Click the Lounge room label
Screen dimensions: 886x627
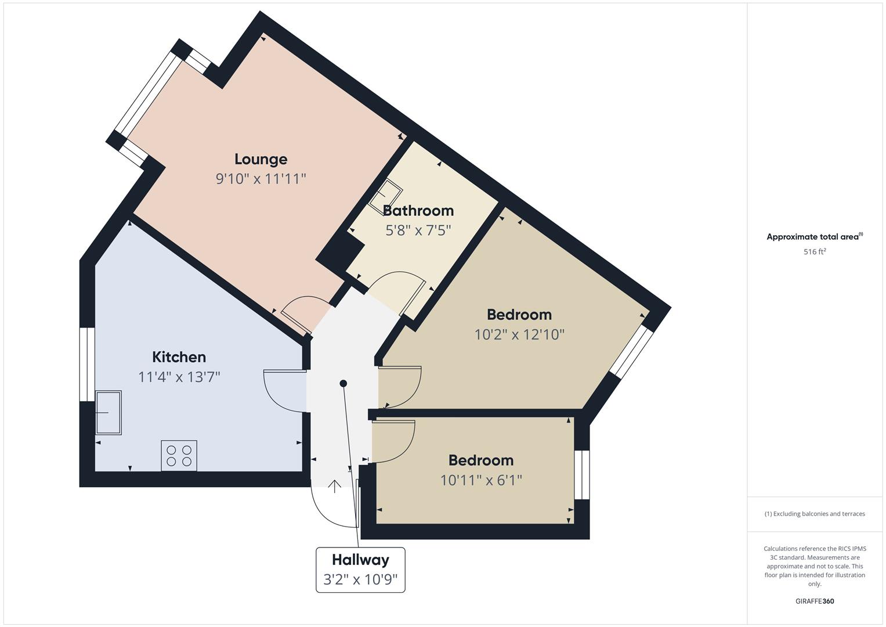pyautogui.click(x=261, y=160)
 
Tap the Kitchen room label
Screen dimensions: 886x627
pyautogui.click(x=179, y=357)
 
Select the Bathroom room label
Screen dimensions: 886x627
pyautogui.click(x=418, y=211)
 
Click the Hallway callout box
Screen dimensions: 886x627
pyautogui.click(x=360, y=570)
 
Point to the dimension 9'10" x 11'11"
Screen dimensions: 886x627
pyautogui.click(x=261, y=179)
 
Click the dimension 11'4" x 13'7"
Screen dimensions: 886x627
pyautogui.click(x=179, y=377)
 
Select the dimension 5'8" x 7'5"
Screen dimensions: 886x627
pyautogui.click(x=418, y=230)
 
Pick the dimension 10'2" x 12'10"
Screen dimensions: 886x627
pyautogui.click(x=519, y=334)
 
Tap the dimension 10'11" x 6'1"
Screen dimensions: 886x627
pyautogui.click(x=481, y=480)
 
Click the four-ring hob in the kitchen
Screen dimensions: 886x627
pyautogui.click(x=179, y=456)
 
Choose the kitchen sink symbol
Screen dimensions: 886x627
pyautogui.click(x=109, y=413)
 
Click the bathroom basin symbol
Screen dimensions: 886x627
pyautogui.click(x=386, y=196)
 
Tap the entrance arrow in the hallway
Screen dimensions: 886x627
pyautogui.click(x=335, y=487)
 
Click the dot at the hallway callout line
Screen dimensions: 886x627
pyautogui.click(x=343, y=383)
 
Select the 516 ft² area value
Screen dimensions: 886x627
pyautogui.click(x=815, y=252)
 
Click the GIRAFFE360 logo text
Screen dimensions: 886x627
pyautogui.click(x=815, y=601)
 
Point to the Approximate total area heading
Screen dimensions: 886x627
pyautogui.click(x=815, y=237)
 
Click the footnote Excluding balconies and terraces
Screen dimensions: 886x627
pyautogui.click(x=815, y=514)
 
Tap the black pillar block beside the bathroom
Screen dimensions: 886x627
pyautogui.click(x=339, y=253)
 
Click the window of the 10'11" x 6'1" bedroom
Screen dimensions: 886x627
pyautogui.click(x=582, y=475)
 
